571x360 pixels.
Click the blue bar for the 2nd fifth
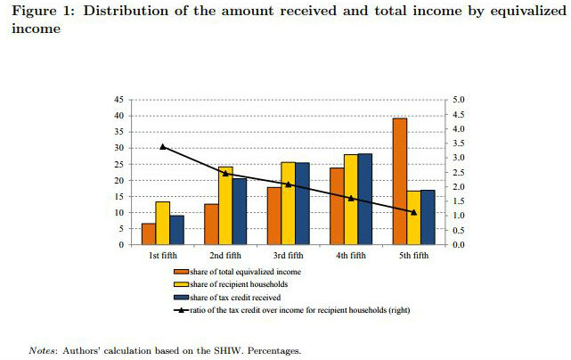pyautogui.click(x=240, y=211)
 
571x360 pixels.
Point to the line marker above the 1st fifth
pyautogui.click(x=162, y=146)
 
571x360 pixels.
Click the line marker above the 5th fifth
pyautogui.click(x=413, y=212)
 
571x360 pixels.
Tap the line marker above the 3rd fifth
pyautogui.click(x=288, y=184)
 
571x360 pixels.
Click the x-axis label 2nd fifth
pyautogui.click(x=225, y=255)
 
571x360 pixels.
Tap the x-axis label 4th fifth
pyautogui.click(x=350, y=255)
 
